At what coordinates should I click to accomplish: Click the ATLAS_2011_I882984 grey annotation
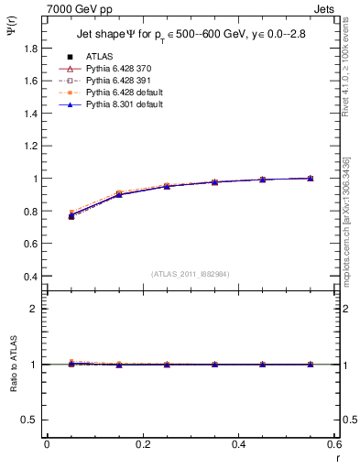click(x=191, y=274)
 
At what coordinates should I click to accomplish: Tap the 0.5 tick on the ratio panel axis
click(x=34, y=420)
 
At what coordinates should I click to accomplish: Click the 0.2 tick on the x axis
click(x=142, y=444)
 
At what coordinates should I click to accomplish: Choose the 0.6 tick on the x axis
click(x=333, y=444)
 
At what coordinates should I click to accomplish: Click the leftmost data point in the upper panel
click(x=71, y=215)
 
